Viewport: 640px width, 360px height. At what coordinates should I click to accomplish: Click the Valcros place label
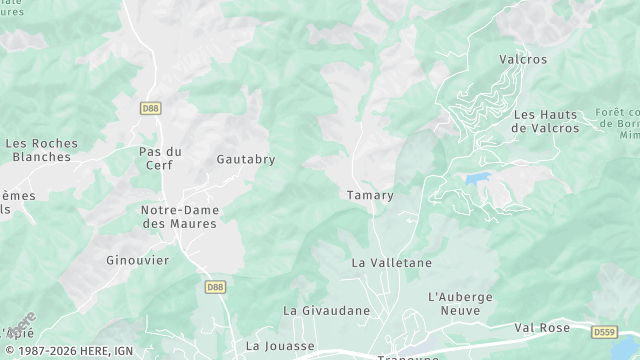click(x=523, y=59)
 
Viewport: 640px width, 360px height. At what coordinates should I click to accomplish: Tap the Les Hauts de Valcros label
click(x=546, y=121)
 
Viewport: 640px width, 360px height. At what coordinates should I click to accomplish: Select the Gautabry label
click(x=246, y=159)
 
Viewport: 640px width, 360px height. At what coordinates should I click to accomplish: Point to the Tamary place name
click(x=370, y=195)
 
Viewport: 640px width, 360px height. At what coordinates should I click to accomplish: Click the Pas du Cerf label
click(x=160, y=158)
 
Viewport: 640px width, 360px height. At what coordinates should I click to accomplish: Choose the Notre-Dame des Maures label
click(x=180, y=217)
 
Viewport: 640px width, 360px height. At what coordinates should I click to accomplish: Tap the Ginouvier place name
click(x=138, y=260)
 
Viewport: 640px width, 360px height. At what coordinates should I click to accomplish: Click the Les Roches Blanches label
click(x=42, y=150)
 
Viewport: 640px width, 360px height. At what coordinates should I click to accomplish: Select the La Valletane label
click(x=392, y=262)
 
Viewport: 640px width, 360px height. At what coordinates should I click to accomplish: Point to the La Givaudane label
click(x=326, y=310)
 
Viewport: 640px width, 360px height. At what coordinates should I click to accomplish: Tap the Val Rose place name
click(x=542, y=327)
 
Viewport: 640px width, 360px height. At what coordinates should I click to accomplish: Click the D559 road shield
click(x=604, y=331)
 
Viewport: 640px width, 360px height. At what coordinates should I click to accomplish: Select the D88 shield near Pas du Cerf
click(x=150, y=106)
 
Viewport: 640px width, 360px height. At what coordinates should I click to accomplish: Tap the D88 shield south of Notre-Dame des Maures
click(x=215, y=287)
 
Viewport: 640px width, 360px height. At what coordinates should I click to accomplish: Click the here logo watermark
click(x=20, y=326)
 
